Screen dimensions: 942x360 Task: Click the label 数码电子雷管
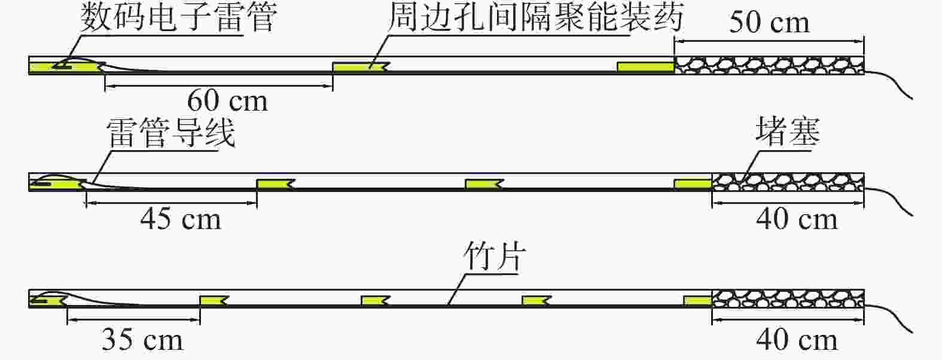(179, 17)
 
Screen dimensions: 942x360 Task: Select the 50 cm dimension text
(769, 22)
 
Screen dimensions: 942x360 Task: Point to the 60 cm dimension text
(227, 101)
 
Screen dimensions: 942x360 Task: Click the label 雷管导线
(170, 133)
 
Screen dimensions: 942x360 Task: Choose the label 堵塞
(788, 131)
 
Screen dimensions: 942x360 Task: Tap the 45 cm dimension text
(181, 219)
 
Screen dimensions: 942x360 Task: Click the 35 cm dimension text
(142, 340)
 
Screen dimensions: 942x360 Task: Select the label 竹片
(495, 256)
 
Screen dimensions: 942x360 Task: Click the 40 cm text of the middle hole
(797, 219)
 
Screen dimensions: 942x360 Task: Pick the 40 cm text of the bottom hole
(797, 340)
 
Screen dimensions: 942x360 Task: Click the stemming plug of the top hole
(769, 65)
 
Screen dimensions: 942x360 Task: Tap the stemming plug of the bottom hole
(788, 298)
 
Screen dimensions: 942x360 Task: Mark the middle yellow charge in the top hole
(361, 67)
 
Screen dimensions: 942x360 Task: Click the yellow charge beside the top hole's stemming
(646, 67)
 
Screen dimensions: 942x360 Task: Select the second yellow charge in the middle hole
(276, 184)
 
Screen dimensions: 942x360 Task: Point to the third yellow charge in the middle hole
(484, 184)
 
